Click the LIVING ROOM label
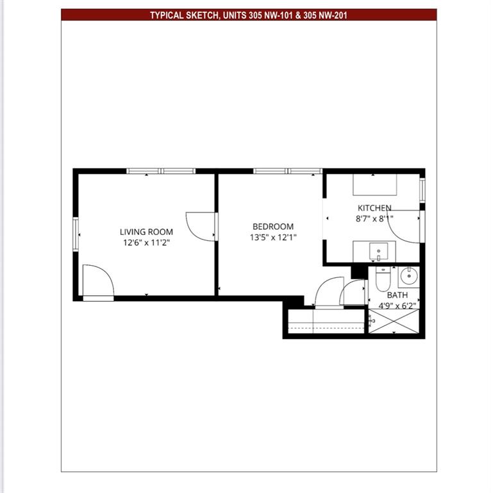[x=146, y=232]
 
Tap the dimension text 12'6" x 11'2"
[x=146, y=243]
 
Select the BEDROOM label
[x=273, y=226]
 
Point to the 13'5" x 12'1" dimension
[x=273, y=237]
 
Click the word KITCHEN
[x=374, y=208]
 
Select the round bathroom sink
[x=408, y=277]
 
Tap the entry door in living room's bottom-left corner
[x=98, y=282]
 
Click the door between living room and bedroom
[x=201, y=226]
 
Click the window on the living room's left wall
[x=76, y=235]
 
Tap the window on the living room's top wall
[x=160, y=171]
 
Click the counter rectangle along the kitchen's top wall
[x=375, y=185]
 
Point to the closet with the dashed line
[x=326, y=321]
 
